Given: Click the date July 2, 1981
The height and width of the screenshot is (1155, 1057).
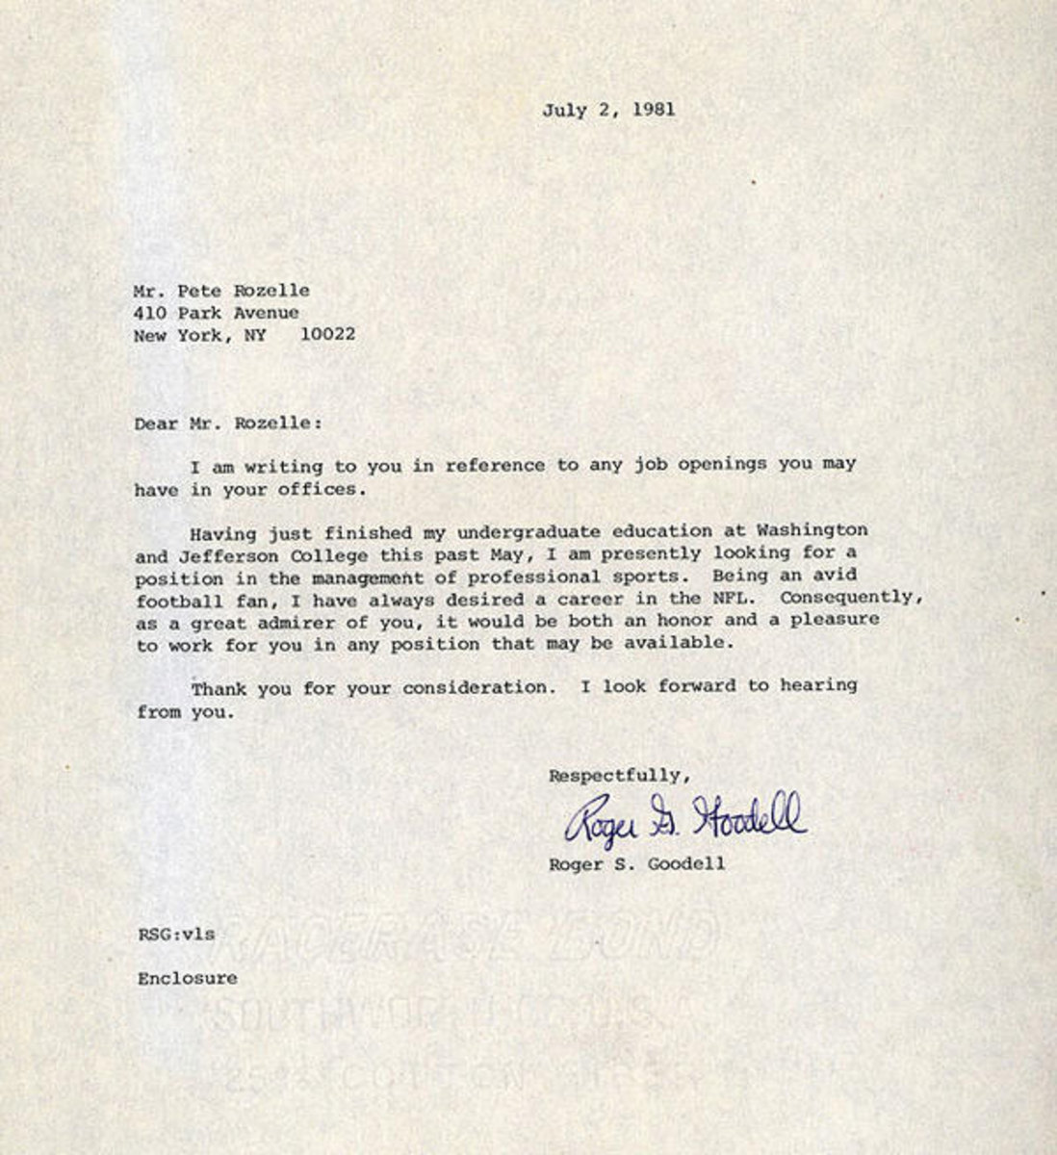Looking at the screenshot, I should pyautogui.click(x=607, y=109).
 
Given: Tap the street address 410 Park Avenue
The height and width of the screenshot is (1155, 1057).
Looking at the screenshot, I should pyautogui.click(x=217, y=313).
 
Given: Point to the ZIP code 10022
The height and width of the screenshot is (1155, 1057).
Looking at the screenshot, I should pyautogui.click(x=326, y=335).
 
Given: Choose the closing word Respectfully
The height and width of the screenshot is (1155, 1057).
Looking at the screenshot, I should pyautogui.click(x=620, y=775).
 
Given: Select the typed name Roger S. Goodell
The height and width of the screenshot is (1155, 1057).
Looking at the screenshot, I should pyautogui.click(x=636, y=864).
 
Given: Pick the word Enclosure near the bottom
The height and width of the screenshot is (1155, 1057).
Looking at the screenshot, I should pyautogui.click(x=187, y=979).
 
